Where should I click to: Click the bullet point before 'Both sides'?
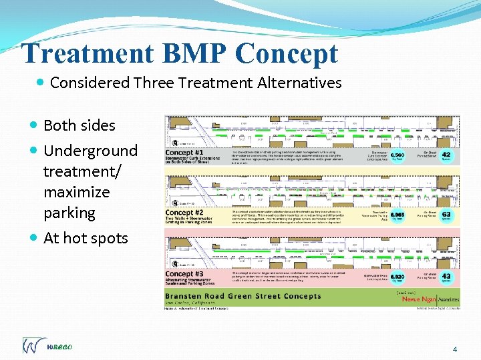click(x=35, y=125)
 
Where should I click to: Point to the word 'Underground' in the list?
click(x=90, y=151)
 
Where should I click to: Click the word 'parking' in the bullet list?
click(x=69, y=213)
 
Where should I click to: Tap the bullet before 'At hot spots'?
click(x=35, y=238)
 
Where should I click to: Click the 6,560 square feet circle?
click(x=398, y=155)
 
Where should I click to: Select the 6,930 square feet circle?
click(x=398, y=276)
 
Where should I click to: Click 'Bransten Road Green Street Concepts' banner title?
click(x=243, y=296)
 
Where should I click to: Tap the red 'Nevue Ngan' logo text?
click(x=420, y=299)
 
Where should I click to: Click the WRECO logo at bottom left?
click(x=46, y=345)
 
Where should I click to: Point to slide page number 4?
click(x=455, y=349)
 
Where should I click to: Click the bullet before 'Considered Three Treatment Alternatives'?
click(x=41, y=83)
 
